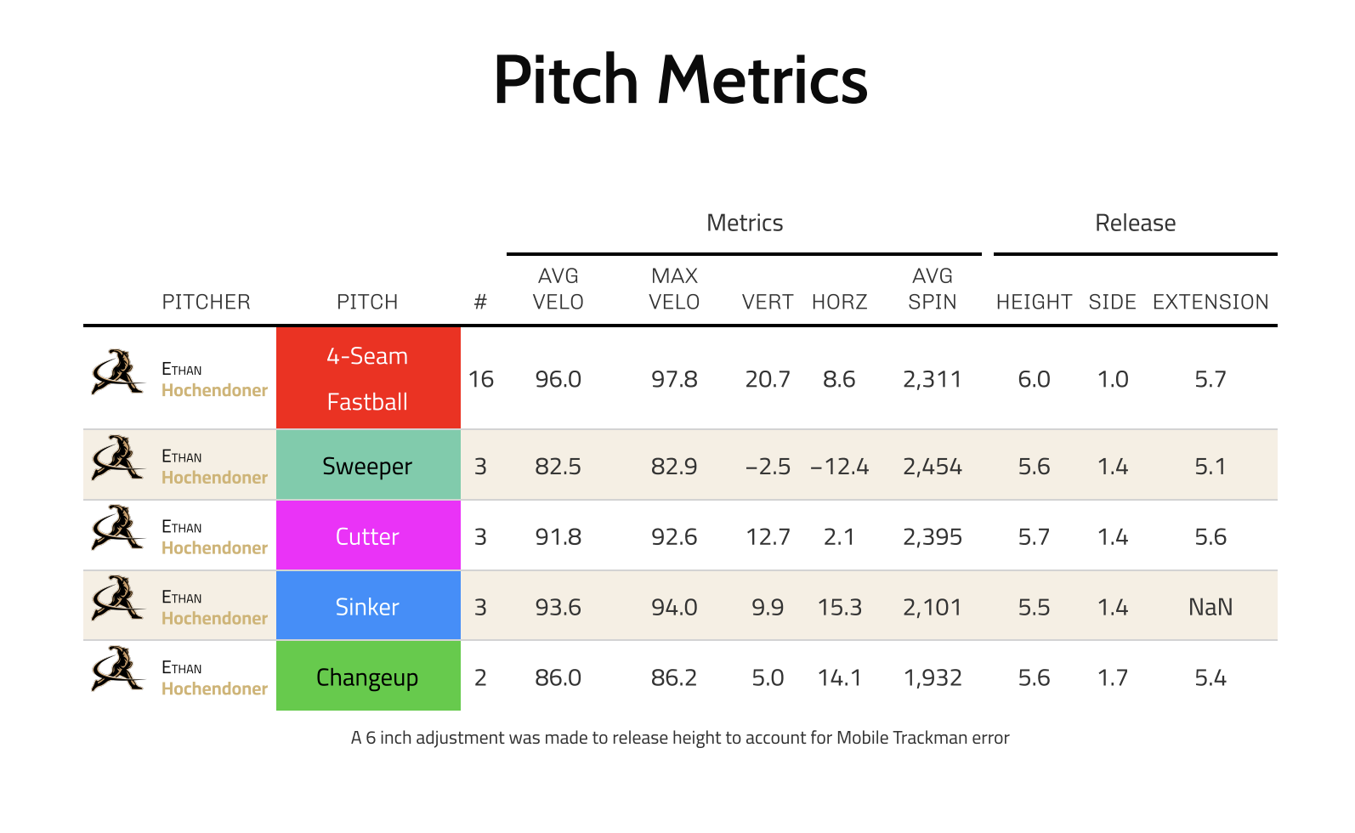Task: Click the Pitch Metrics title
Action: click(680, 80)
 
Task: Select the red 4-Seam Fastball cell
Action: click(368, 378)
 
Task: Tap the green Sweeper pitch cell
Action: click(368, 466)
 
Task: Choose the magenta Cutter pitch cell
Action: click(368, 536)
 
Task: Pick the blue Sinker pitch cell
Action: click(368, 607)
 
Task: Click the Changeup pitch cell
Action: click(368, 677)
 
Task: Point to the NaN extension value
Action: click(1210, 607)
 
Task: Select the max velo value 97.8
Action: click(674, 379)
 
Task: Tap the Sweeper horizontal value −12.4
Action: click(839, 467)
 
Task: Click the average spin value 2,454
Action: click(932, 467)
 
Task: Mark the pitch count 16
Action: click(480, 379)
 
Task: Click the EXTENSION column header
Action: click(1210, 302)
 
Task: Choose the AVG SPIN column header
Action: click(932, 289)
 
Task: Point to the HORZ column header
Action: click(839, 302)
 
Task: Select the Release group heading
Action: click(1135, 223)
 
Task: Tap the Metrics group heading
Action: click(745, 223)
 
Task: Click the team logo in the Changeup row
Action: click(117, 669)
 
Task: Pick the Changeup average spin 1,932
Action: click(932, 677)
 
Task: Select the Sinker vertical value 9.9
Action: click(768, 607)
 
